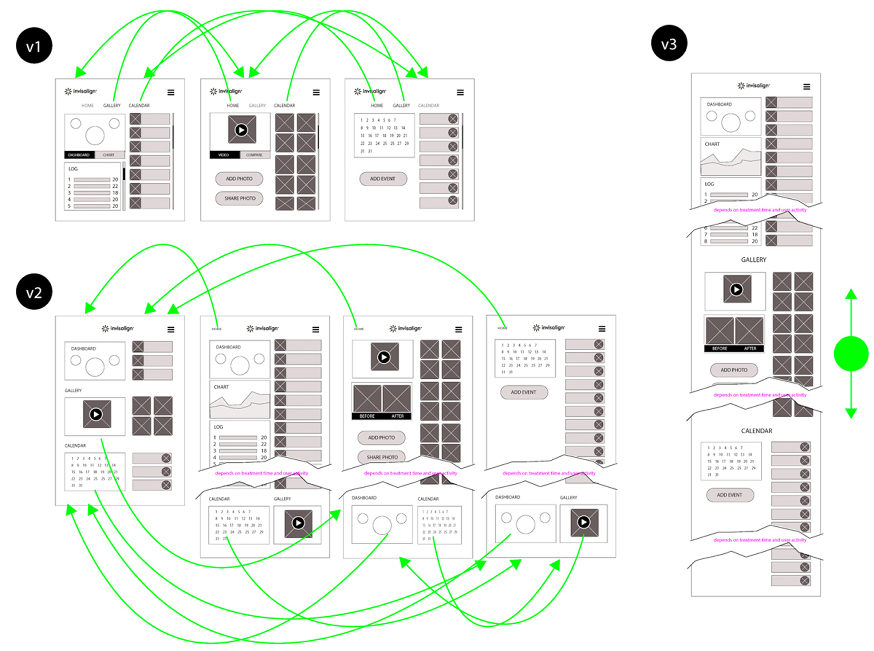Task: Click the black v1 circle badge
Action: [34, 46]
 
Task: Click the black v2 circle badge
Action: [34, 292]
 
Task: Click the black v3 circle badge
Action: [669, 43]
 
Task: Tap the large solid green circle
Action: [851, 354]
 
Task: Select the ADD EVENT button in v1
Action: [383, 179]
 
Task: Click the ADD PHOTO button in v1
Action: [239, 179]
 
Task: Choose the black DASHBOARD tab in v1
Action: [79, 155]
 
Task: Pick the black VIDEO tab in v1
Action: [224, 155]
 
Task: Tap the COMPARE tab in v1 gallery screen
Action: [254, 155]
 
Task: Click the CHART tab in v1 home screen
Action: [109, 155]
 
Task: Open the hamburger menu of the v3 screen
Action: [807, 87]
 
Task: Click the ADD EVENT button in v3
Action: [729, 495]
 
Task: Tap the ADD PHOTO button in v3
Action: [733, 370]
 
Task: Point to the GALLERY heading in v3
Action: [753, 260]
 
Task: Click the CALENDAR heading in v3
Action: [756, 431]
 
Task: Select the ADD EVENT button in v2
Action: [524, 392]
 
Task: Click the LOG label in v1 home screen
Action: [73, 169]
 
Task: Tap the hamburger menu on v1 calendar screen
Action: [460, 93]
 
